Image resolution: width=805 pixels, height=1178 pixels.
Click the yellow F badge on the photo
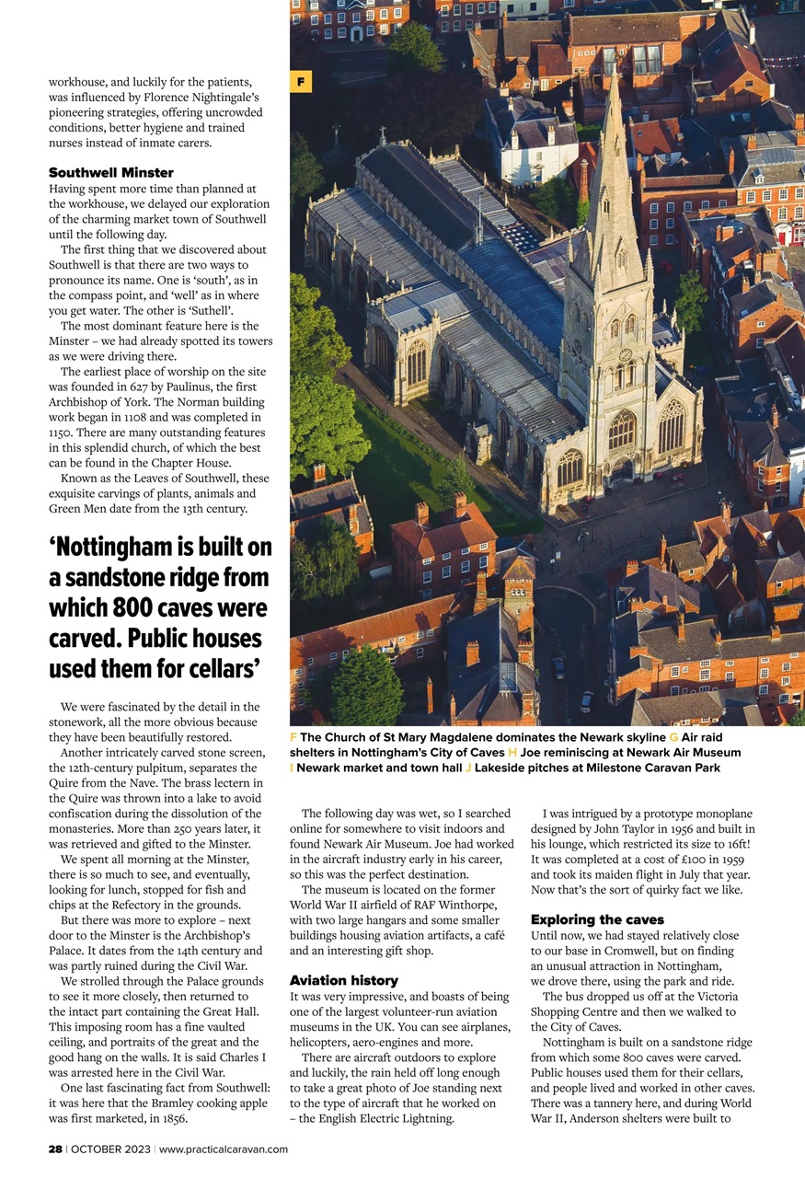(x=301, y=82)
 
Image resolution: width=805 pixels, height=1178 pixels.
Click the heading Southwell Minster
(x=110, y=172)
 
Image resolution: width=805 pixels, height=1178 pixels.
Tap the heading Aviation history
(x=344, y=980)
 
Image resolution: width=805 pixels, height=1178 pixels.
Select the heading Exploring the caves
(x=597, y=919)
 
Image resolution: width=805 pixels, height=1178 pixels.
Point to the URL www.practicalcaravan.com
(x=224, y=1149)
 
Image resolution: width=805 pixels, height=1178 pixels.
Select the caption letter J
(x=467, y=768)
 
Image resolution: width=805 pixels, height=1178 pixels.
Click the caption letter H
(x=512, y=753)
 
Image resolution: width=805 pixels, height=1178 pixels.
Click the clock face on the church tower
(x=624, y=354)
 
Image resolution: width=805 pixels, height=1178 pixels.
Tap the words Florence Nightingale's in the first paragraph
(x=199, y=97)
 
